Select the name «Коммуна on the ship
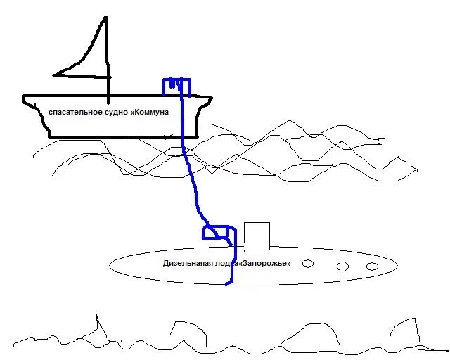click(x=149, y=112)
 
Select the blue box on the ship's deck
click(x=177, y=86)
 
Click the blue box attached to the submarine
click(x=218, y=233)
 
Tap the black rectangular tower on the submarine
click(x=257, y=238)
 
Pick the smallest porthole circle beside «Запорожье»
click(x=307, y=264)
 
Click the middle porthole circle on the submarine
click(x=343, y=266)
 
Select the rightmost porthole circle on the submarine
click(x=372, y=266)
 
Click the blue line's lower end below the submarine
click(x=226, y=284)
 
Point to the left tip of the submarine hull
click(x=110, y=265)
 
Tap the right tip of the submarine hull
click(x=399, y=266)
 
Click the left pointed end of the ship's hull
click(x=25, y=97)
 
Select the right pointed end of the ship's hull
click(x=212, y=96)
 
